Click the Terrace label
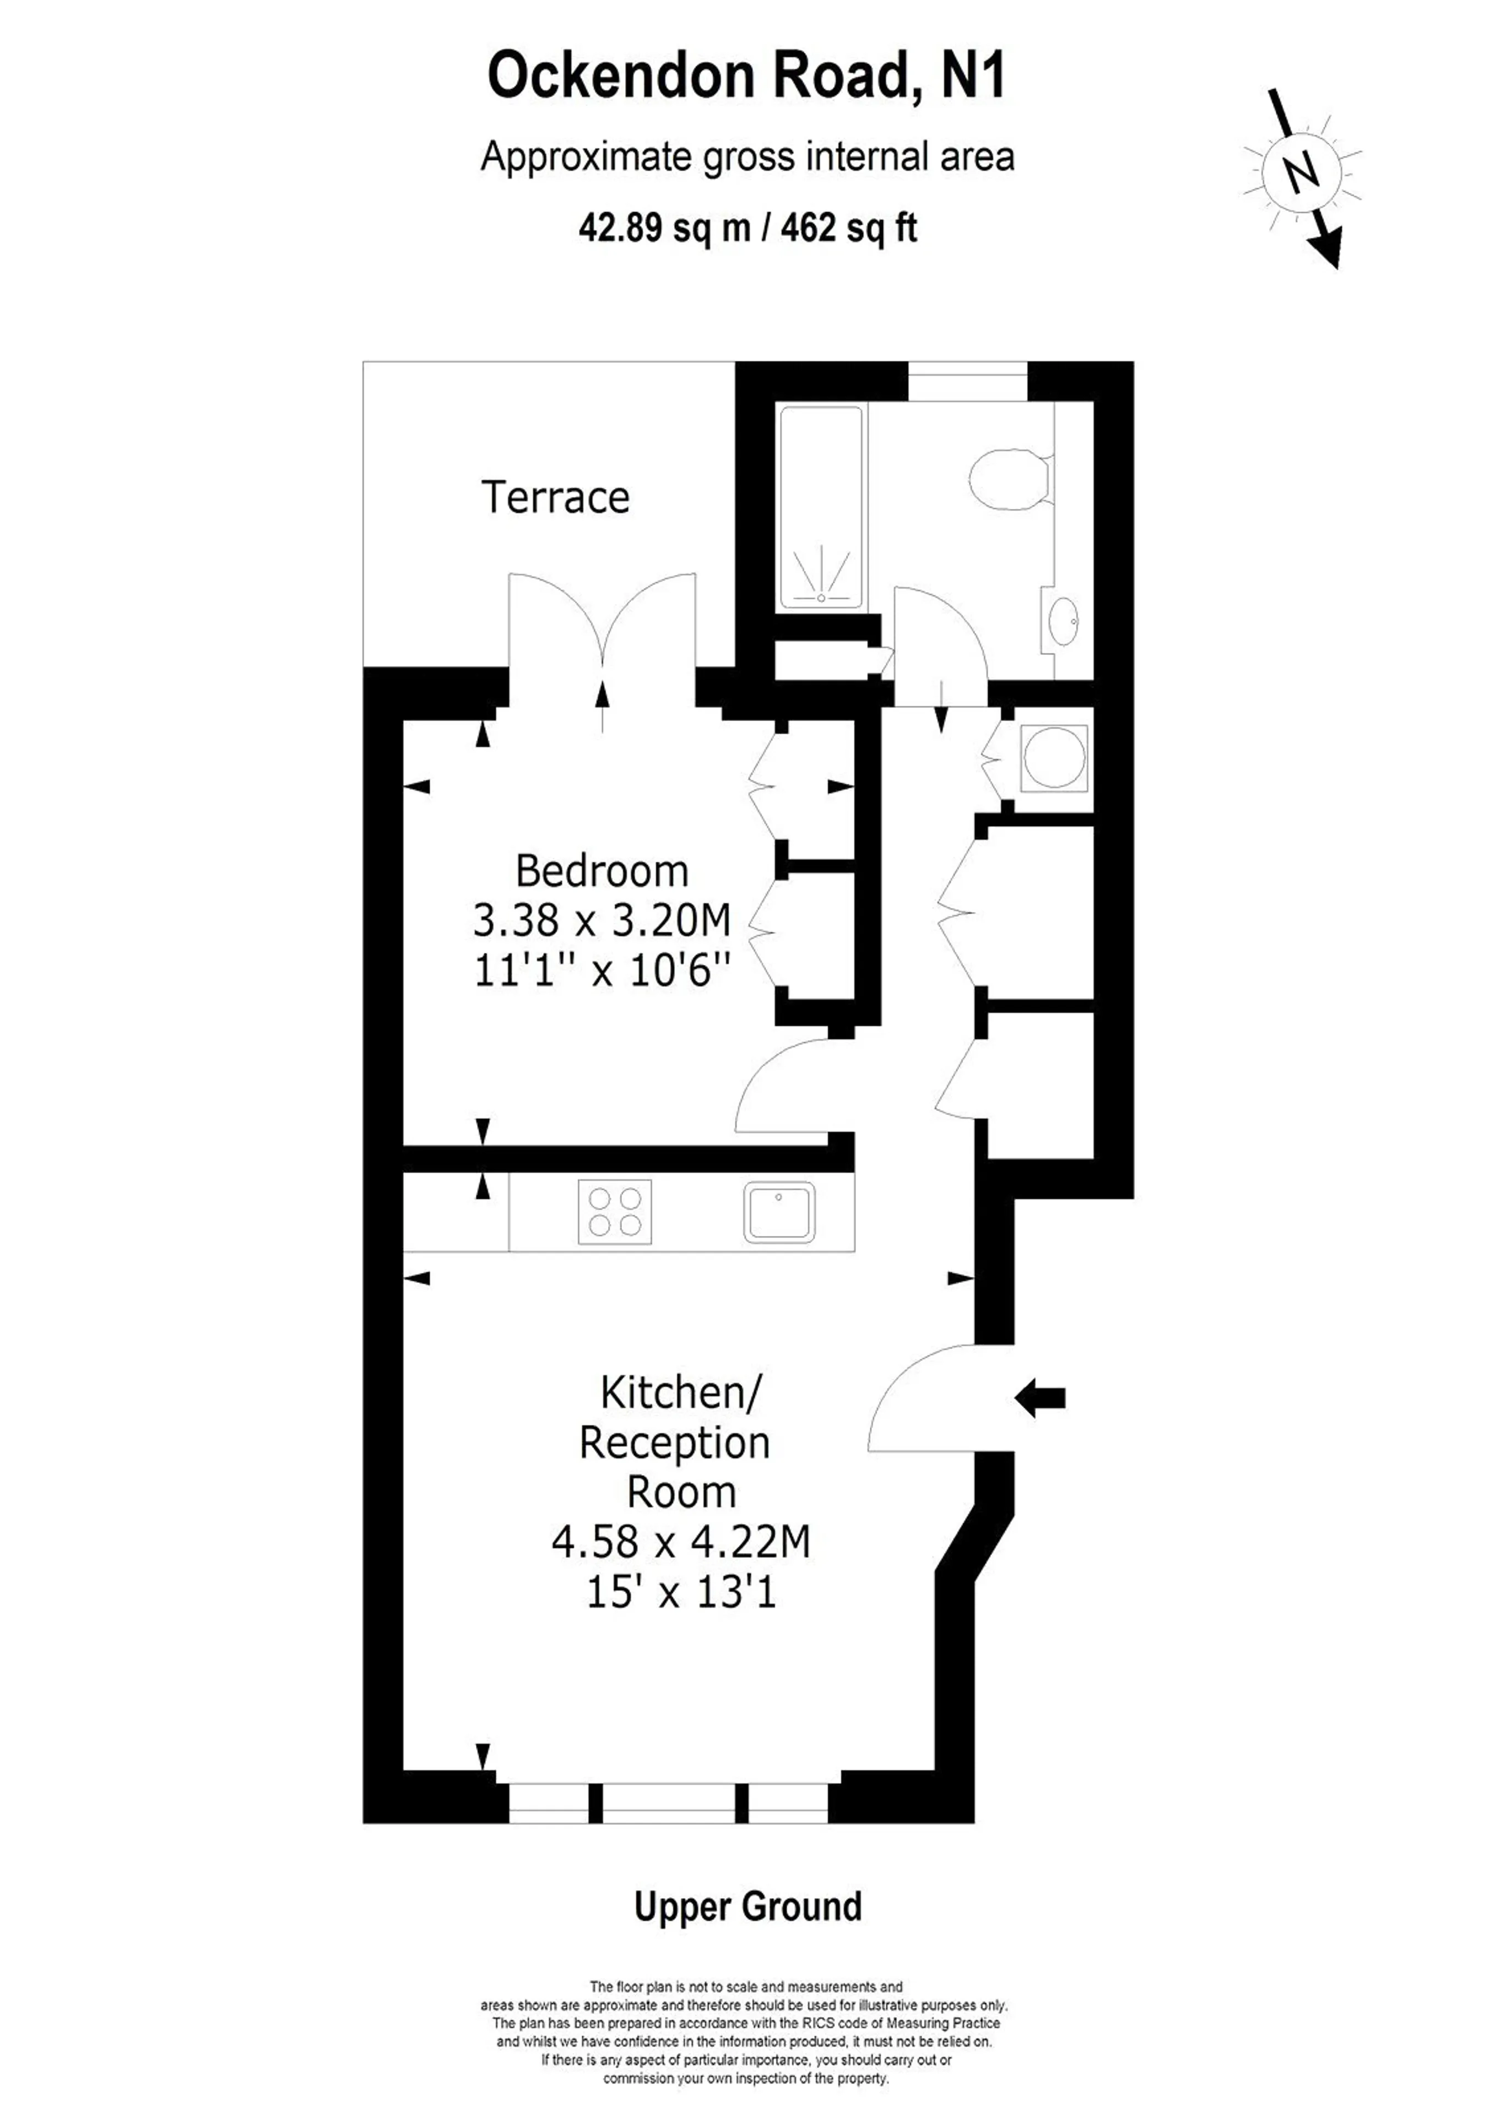555,497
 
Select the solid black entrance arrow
1040,1398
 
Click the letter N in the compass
1301,172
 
